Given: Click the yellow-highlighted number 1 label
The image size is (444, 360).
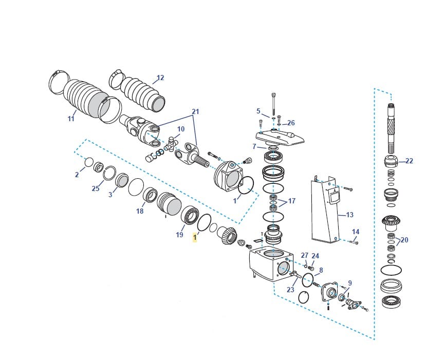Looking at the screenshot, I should [x=195, y=237].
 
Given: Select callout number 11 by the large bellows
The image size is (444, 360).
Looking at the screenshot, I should [x=71, y=119].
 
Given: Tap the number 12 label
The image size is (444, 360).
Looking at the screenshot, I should [x=160, y=78].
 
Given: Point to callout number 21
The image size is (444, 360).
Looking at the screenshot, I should [x=195, y=111].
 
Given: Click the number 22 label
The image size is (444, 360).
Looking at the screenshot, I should [x=409, y=161].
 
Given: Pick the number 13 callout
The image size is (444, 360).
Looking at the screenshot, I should [x=349, y=215].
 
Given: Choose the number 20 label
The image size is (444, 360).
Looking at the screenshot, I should [x=404, y=240].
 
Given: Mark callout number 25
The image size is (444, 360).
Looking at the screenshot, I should [x=96, y=188].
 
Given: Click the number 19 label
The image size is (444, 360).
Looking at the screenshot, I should [x=179, y=235].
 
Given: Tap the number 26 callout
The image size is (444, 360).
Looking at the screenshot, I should [x=291, y=123].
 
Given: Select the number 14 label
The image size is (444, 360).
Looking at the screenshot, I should [x=356, y=232].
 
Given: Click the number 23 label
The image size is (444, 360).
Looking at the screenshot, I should [x=290, y=289].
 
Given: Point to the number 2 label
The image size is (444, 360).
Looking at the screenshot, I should [x=77, y=175].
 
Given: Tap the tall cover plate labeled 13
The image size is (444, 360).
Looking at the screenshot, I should [x=326, y=211].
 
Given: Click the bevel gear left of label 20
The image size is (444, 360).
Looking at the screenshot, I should [x=391, y=223].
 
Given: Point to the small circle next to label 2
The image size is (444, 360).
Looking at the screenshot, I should [x=89, y=162].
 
